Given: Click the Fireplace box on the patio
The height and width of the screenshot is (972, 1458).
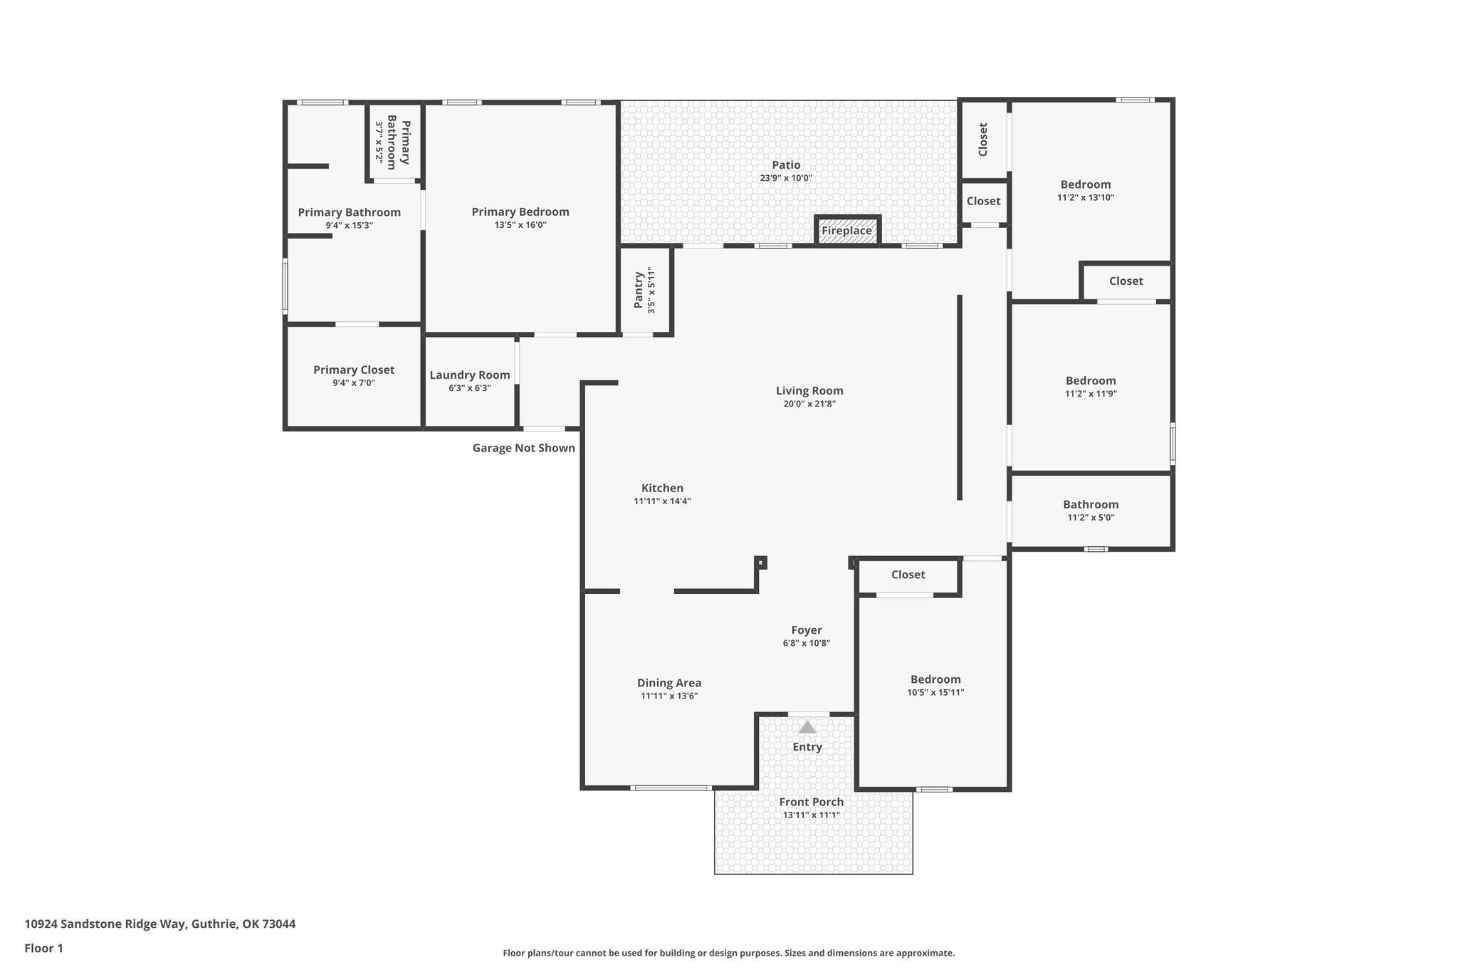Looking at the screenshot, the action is [847, 230].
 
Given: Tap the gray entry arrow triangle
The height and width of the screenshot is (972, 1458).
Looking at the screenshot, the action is [807, 727].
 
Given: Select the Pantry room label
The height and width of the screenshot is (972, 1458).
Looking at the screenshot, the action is [639, 289].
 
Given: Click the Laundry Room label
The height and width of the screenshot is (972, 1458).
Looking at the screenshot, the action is [470, 375].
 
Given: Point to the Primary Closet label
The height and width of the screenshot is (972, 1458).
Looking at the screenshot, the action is [354, 370].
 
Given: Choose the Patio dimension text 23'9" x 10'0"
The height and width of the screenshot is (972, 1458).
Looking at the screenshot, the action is [786, 178].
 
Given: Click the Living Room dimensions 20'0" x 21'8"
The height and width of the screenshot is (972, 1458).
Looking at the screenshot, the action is [809, 404].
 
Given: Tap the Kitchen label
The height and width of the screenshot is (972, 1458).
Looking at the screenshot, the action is [662, 488].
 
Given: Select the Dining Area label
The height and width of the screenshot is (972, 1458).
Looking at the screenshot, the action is [669, 683].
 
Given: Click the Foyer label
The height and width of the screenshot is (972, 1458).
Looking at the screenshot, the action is [807, 630].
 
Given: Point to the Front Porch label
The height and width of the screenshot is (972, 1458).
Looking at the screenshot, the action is [812, 802].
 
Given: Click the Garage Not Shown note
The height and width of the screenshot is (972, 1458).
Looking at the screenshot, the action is [524, 448].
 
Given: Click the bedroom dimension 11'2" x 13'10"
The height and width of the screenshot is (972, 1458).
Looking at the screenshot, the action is [1086, 197].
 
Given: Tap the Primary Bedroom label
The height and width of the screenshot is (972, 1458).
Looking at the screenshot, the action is [520, 211].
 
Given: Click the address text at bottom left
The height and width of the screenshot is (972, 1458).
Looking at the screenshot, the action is [160, 924].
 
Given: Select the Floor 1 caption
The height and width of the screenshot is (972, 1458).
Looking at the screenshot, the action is [43, 949].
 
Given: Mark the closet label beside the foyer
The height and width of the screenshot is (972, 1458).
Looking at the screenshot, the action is [908, 575].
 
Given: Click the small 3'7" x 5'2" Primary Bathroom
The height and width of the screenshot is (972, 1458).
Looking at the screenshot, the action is [393, 141].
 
